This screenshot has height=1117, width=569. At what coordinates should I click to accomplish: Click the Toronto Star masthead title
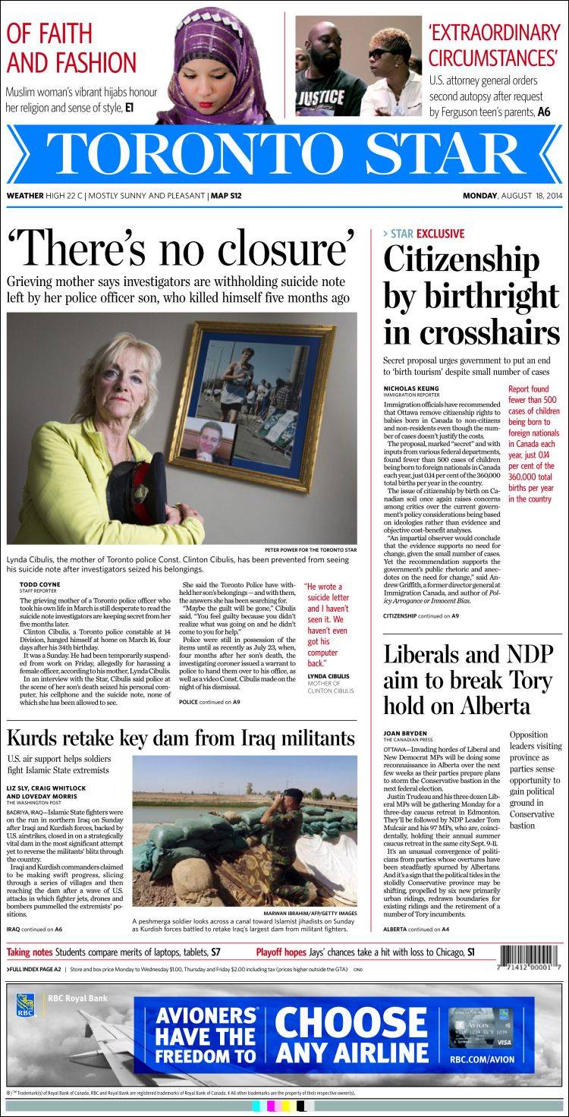284,154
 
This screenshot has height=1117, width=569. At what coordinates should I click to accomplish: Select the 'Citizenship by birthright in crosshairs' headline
471,297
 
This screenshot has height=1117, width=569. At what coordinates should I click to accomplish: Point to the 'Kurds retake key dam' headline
181,737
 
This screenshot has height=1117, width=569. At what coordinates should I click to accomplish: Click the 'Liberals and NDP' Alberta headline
468,680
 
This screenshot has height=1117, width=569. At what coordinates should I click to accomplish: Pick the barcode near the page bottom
529,957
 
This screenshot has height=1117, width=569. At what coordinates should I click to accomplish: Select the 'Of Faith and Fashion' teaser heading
71,47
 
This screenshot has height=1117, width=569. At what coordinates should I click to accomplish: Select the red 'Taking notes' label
30,952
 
